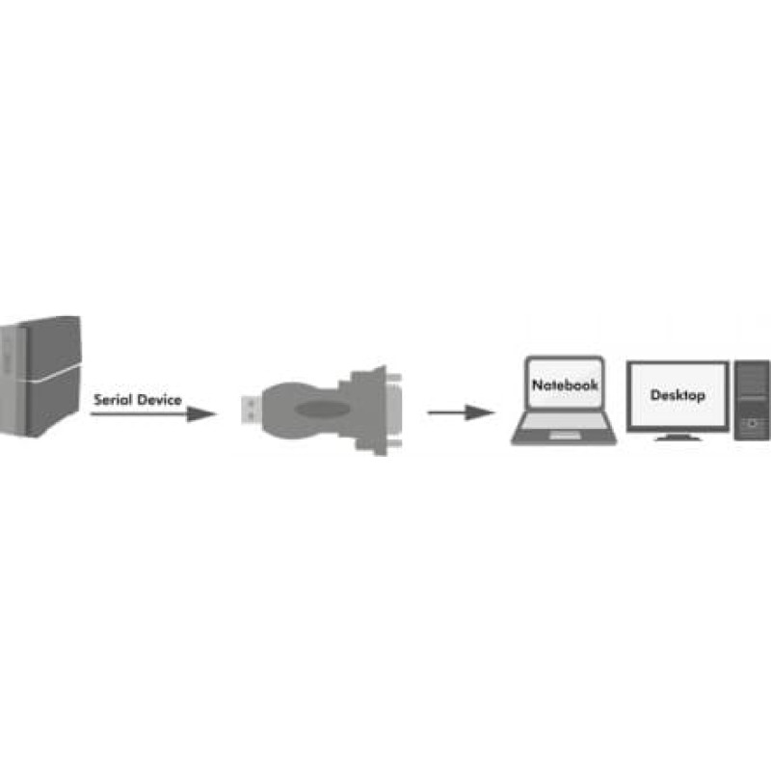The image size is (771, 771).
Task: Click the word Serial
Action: (x=112, y=400)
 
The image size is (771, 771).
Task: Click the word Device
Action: (x=159, y=400)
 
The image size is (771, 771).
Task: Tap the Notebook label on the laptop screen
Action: (x=565, y=385)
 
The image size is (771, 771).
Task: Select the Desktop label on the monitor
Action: (x=678, y=395)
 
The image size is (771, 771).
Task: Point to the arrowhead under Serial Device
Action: (x=200, y=414)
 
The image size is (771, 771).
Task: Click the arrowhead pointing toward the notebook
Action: (x=479, y=412)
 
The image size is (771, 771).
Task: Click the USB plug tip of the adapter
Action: (x=251, y=409)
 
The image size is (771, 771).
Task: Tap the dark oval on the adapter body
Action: (x=323, y=409)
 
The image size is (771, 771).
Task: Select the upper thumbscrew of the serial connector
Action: (x=393, y=378)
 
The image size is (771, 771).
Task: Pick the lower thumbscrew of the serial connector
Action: (x=394, y=444)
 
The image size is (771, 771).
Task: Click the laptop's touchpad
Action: (x=565, y=436)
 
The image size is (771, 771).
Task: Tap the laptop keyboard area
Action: (x=564, y=421)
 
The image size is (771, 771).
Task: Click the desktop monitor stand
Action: (x=678, y=437)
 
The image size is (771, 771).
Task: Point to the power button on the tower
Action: (x=752, y=423)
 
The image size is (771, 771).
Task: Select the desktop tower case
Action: (x=752, y=400)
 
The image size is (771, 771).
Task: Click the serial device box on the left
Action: (x=40, y=376)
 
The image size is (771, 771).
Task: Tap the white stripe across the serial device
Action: (x=53, y=374)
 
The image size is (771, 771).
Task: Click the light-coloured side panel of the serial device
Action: (x=13, y=381)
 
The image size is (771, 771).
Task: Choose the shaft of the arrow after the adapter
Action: (x=446, y=412)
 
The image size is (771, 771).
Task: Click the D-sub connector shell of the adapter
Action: (x=370, y=411)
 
